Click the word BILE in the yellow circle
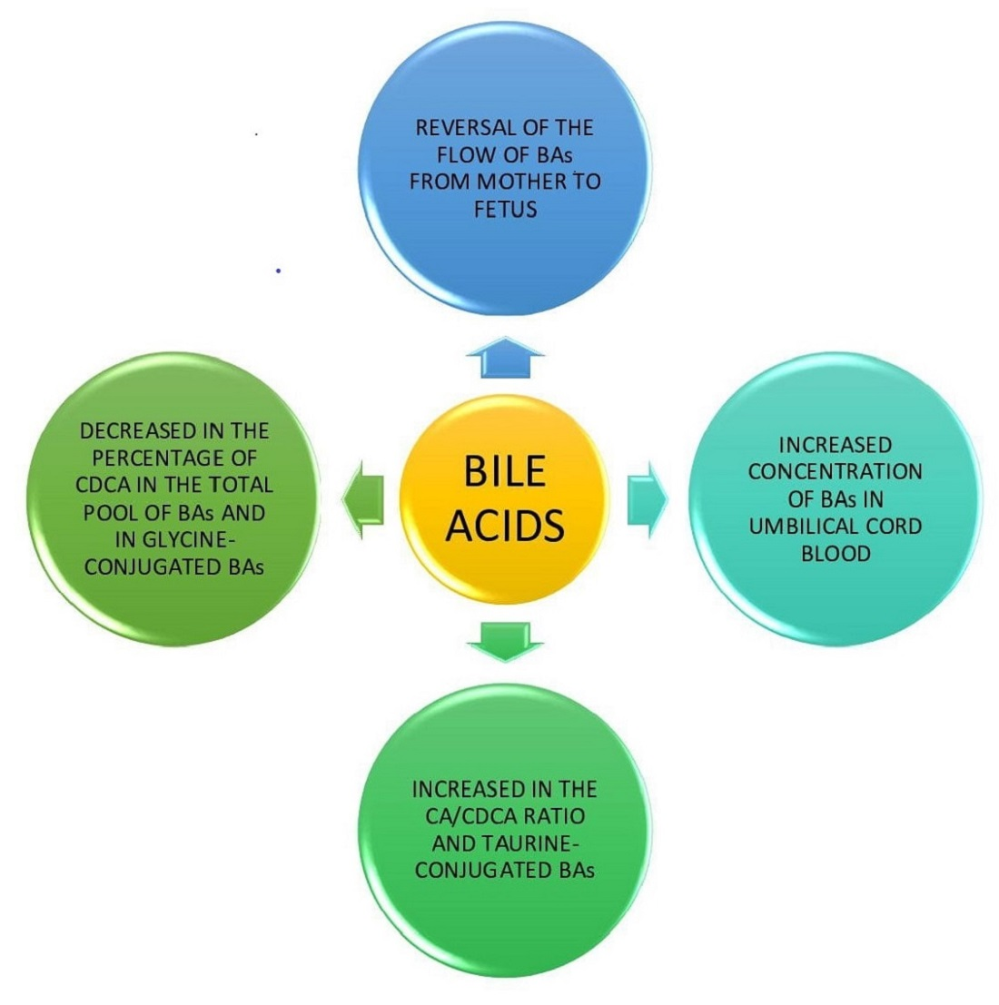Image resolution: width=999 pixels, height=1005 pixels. coord(505,471)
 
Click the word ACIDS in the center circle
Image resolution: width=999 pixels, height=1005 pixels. coord(505,525)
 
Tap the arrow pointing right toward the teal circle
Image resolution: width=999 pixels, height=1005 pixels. coord(648,498)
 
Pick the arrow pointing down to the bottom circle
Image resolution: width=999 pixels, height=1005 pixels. coord(505,640)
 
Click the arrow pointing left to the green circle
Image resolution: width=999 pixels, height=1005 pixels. coord(362,498)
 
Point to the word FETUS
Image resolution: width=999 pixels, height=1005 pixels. coord(505,209)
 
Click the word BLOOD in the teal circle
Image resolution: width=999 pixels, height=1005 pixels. coord(836,554)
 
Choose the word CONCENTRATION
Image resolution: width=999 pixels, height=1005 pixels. coord(836,472)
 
